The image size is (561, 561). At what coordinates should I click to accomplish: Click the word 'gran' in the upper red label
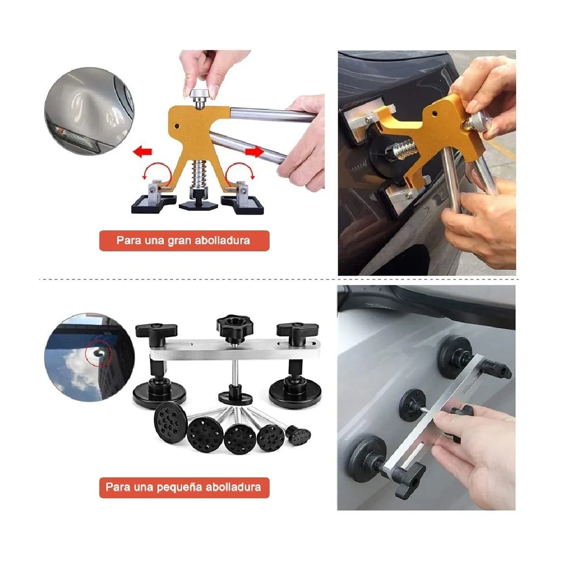coord(179,240)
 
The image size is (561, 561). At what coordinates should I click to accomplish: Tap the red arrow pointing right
coord(254,152)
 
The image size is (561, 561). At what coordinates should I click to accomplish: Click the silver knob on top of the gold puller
coord(200,93)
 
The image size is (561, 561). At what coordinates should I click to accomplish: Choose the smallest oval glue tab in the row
coord(300,434)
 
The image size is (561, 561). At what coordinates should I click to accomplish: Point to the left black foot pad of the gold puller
coord(150,202)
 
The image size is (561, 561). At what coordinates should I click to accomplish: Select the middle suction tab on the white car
coord(411,403)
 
